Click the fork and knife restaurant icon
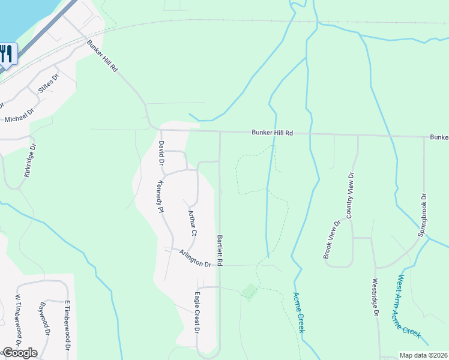tap(5, 53)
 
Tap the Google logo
tap(19, 353)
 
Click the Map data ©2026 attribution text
tap(423, 355)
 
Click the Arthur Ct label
tap(192, 223)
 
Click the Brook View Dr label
tap(332, 239)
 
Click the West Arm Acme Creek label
tap(411, 307)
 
